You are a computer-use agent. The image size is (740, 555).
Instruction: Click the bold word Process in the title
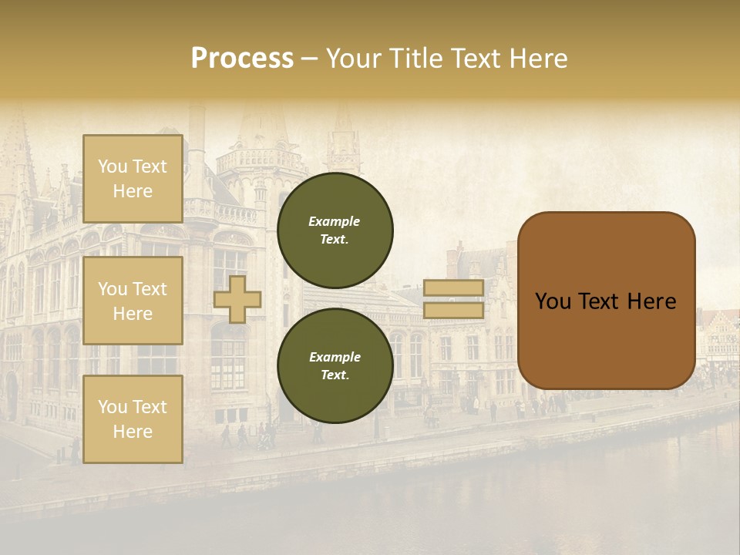(242, 58)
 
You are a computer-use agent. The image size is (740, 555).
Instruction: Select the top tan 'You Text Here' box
(133, 179)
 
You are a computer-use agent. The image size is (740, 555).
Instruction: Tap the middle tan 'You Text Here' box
(133, 301)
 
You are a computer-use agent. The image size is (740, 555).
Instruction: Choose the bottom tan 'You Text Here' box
(133, 419)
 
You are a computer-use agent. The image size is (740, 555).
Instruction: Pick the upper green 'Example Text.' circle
(335, 230)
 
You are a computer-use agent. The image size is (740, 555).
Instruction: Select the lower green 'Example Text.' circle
(335, 365)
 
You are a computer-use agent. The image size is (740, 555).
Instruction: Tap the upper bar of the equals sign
(453, 288)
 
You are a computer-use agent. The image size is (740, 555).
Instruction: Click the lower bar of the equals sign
(453, 311)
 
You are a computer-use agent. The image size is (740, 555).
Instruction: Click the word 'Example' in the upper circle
(334, 221)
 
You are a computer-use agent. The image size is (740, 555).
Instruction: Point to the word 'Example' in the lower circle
(334, 357)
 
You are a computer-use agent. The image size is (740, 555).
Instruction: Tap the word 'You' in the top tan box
(113, 166)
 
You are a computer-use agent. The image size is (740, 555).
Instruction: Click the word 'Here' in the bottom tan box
(133, 432)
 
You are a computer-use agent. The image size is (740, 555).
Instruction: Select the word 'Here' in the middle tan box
(133, 314)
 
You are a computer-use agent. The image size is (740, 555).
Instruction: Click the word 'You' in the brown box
(553, 301)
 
